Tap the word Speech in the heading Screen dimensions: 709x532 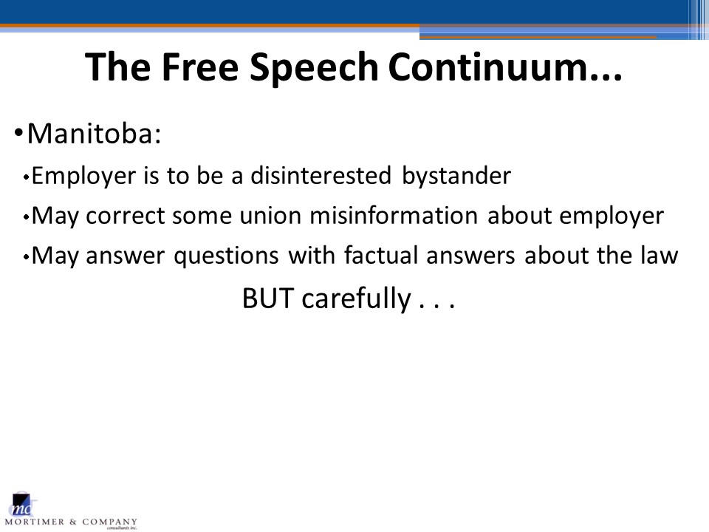click(314, 68)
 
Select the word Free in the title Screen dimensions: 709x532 click(199, 66)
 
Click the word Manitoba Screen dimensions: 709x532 click(94, 134)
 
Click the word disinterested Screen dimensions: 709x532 click(321, 176)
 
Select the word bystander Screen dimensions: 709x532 click(456, 177)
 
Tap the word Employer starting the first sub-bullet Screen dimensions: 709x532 click(83, 177)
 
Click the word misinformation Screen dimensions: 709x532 click(394, 216)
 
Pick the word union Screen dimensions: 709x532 click(270, 216)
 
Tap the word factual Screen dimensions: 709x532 click(381, 255)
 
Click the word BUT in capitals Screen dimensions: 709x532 click(267, 299)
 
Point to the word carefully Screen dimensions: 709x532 click(356, 299)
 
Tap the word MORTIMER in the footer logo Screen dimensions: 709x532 click(35, 522)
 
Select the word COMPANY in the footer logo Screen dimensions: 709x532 click(109, 522)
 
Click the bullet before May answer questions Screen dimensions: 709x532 click(27, 257)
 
